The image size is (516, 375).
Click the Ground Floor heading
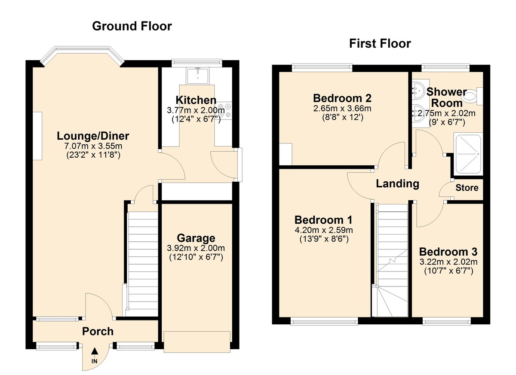pos(132,26)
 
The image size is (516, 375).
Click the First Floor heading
pos(380,43)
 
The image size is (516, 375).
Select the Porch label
pos(98,331)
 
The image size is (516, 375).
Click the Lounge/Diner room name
pos(93,136)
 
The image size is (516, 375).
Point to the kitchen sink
pos(198,76)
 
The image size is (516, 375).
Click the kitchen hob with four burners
pos(224,111)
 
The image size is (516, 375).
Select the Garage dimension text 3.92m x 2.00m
pos(196,248)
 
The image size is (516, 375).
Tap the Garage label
pos(196,238)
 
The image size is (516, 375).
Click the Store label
pos(467,188)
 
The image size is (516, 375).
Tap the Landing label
pos(397,184)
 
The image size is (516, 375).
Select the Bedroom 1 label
pos(324,220)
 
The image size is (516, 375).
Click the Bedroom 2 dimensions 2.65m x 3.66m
pos(342,108)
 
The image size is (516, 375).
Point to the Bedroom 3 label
pos(448,251)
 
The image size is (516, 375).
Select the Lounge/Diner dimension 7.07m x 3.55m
pos(93,147)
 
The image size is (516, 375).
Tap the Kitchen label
pos(196,100)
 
